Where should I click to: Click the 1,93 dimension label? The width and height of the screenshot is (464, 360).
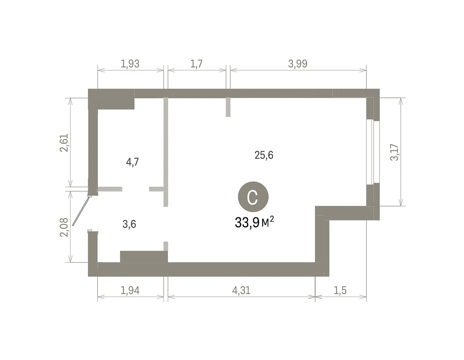point(130,64)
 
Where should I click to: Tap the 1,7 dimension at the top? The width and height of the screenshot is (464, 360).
point(196,64)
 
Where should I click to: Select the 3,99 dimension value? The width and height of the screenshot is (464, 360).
point(298,64)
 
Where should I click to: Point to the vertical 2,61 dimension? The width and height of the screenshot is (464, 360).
point(64,143)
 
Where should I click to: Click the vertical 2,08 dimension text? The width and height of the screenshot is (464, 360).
point(64,227)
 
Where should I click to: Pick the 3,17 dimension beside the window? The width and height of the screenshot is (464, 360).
point(394,152)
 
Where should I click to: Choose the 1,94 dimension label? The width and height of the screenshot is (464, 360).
point(130,290)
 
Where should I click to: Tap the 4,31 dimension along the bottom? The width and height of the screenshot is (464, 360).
point(241,290)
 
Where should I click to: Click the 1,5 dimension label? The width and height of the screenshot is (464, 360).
point(340,290)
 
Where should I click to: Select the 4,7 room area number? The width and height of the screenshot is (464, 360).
point(132,162)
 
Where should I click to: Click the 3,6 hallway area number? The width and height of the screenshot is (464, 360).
point(130,224)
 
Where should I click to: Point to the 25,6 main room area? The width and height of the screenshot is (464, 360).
point(264,155)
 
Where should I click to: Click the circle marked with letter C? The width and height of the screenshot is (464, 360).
point(253,197)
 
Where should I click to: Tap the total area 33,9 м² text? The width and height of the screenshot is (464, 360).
point(254,222)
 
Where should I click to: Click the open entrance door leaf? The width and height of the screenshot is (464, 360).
point(81,211)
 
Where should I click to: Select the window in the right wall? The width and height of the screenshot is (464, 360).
point(373,152)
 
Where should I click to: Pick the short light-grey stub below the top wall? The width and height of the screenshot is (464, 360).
point(228,107)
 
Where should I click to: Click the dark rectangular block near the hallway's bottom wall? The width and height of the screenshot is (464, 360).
point(144,257)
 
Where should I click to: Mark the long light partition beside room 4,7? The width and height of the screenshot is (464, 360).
point(166,152)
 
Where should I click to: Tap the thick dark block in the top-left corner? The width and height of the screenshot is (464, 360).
point(111,99)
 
